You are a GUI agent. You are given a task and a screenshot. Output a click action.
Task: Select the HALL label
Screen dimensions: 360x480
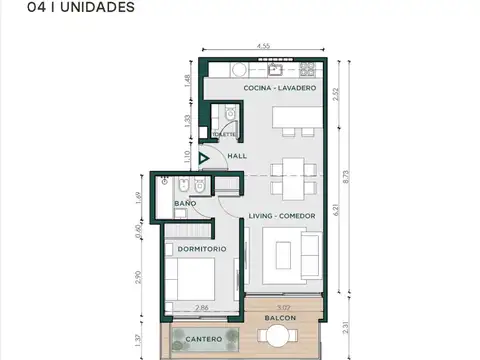pyautogui.click(x=237, y=157)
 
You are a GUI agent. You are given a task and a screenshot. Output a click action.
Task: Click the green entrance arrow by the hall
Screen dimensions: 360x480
pyautogui.click(x=205, y=157)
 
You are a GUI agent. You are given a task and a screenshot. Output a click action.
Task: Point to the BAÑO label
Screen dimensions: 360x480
pyautogui.click(x=185, y=204)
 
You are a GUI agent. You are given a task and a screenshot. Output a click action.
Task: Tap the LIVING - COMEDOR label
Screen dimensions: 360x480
pyautogui.click(x=283, y=216)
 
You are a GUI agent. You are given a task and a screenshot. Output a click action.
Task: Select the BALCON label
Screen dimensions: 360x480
pyautogui.click(x=279, y=319)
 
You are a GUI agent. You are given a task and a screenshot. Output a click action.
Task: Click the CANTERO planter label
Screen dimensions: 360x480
pyautogui.click(x=204, y=340)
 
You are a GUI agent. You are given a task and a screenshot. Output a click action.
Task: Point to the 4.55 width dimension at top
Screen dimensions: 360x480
pyautogui.click(x=263, y=46)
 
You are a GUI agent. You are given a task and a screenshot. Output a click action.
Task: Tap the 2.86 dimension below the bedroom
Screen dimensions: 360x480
pyautogui.click(x=202, y=309)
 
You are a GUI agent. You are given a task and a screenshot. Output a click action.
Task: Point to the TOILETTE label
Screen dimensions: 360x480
pyautogui.click(x=224, y=134)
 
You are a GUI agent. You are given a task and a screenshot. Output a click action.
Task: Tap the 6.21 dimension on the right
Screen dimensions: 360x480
pyautogui.click(x=337, y=210)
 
